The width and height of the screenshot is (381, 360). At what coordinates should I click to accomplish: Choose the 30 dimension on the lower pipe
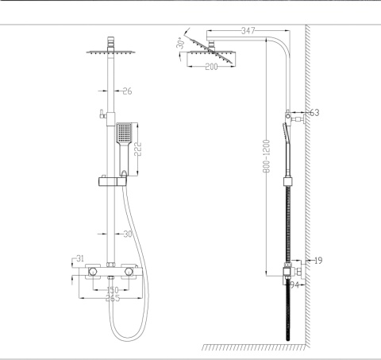point(128,234)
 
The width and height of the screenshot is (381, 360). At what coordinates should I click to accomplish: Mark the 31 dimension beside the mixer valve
point(79,259)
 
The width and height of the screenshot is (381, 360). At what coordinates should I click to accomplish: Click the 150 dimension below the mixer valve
point(113,291)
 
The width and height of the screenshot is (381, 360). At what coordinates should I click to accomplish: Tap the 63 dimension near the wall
point(314,114)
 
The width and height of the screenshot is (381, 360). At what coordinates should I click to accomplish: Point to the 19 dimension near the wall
point(317,260)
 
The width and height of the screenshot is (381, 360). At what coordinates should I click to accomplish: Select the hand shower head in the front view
point(124,135)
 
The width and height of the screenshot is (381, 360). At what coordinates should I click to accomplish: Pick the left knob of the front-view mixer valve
point(94,272)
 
